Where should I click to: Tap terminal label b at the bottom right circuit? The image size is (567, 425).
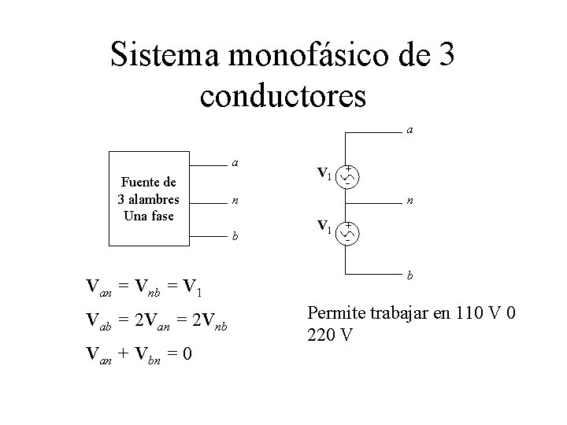click(x=410, y=275)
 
